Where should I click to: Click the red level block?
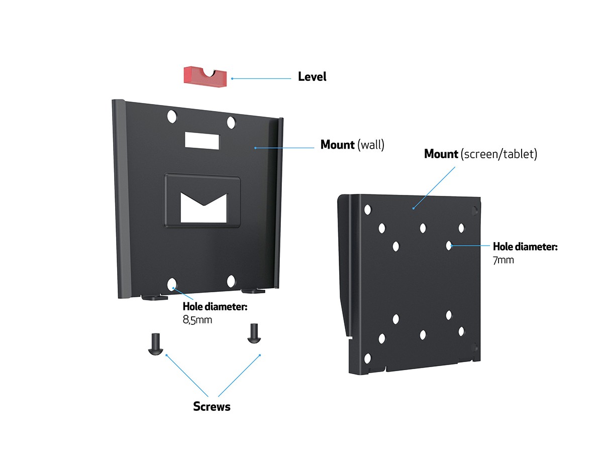pyautogui.click(x=204, y=75)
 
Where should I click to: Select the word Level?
pyautogui.click(x=312, y=77)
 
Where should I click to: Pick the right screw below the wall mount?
pyautogui.click(x=253, y=333)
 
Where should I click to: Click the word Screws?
pyautogui.click(x=212, y=406)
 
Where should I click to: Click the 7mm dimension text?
pyautogui.click(x=503, y=260)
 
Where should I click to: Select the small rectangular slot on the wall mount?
pyautogui.click(x=202, y=140)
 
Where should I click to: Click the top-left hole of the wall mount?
pyautogui.click(x=172, y=117)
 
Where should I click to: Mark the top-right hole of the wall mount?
pyautogui.click(x=231, y=122)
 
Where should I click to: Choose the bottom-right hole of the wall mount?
pyautogui.click(x=231, y=281)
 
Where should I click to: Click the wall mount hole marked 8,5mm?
pyautogui.click(x=172, y=285)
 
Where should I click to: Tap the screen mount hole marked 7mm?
pyautogui.click(x=448, y=246)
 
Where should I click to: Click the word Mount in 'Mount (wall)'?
pyautogui.click(x=338, y=145)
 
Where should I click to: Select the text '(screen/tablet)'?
pyautogui.click(x=498, y=154)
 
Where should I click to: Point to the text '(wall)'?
pyautogui.click(x=371, y=145)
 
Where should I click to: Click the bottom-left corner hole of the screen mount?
pyautogui.click(x=367, y=359)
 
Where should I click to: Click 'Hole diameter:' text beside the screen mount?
pyautogui.click(x=525, y=247)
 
